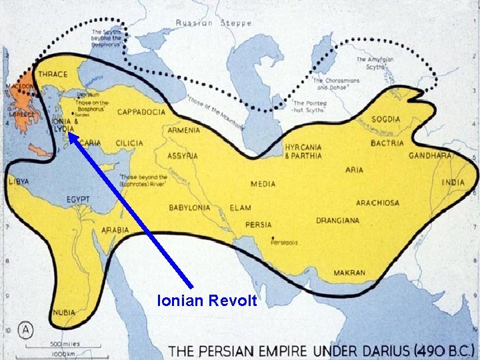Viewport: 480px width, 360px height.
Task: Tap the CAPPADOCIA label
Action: pyautogui.click(x=141, y=113)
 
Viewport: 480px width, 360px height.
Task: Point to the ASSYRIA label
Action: pyautogui.click(x=183, y=155)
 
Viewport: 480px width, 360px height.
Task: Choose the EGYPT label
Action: pyautogui.click(x=79, y=199)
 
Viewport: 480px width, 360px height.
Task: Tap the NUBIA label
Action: pyautogui.click(x=65, y=312)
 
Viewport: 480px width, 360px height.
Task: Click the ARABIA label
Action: pyautogui.click(x=115, y=230)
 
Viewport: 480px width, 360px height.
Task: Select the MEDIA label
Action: pyautogui.click(x=263, y=184)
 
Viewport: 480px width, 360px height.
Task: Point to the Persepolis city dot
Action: pyautogui.click(x=273, y=238)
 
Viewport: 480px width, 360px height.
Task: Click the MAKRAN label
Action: pyautogui.click(x=349, y=273)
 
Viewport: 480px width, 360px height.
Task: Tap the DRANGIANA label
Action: pyautogui.click(x=337, y=221)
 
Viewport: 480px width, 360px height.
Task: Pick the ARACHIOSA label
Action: pyautogui.click(x=377, y=203)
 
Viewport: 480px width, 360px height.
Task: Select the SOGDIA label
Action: pyautogui.click(x=387, y=119)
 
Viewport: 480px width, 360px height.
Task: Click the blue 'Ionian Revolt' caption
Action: pyautogui.click(x=207, y=301)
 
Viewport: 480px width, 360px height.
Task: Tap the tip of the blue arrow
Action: pyautogui.click(x=69, y=133)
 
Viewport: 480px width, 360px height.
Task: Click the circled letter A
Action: pyautogui.click(x=26, y=329)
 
